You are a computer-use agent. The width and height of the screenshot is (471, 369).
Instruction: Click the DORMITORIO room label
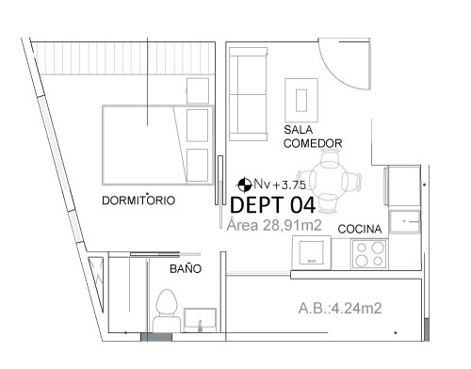tap(138, 201)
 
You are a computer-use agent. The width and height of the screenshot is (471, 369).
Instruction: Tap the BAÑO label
tap(186, 269)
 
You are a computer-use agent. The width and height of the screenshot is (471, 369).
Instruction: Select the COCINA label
tap(360, 229)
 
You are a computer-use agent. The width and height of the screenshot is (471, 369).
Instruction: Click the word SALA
tap(299, 130)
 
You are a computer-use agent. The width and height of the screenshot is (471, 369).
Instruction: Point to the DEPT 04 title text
tap(273, 205)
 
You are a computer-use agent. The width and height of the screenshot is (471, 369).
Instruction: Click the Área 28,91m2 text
tap(274, 225)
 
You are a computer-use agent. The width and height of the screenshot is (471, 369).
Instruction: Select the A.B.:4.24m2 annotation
tap(340, 308)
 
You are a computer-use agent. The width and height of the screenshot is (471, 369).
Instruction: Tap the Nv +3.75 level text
tap(280, 184)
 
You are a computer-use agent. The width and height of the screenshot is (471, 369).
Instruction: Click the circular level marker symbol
tap(244, 184)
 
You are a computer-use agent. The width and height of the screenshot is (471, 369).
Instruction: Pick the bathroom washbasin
tap(200, 320)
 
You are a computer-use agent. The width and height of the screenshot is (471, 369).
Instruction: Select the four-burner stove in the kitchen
tap(369, 254)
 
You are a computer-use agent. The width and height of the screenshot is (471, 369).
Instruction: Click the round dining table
tap(328, 183)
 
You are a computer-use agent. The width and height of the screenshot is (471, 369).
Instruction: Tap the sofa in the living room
tap(248, 94)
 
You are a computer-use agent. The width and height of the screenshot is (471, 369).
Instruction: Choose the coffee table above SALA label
tap(301, 100)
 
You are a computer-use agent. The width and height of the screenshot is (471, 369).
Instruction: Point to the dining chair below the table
tap(328, 203)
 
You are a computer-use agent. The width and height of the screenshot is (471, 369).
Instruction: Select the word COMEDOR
tap(313, 143)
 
